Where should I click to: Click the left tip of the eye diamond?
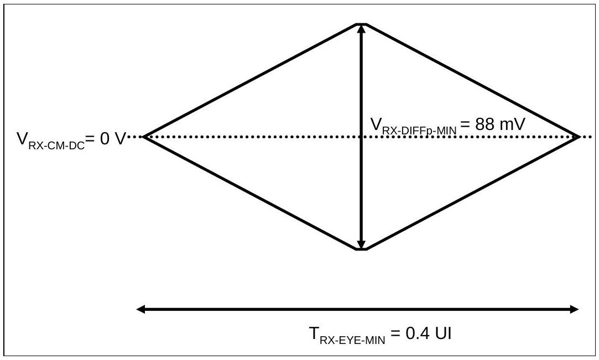click(x=143, y=137)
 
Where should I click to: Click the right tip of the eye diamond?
click(x=580, y=137)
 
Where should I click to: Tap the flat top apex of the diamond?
click(x=361, y=24)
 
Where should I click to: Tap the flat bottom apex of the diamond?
click(x=361, y=249)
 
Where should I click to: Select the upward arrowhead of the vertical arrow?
click(x=361, y=29)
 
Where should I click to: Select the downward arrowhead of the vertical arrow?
click(x=361, y=244)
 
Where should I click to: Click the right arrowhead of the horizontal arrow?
click(x=575, y=309)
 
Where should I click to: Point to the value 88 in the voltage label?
click(x=485, y=124)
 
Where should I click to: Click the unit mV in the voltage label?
click(x=512, y=124)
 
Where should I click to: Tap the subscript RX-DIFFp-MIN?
click(x=419, y=130)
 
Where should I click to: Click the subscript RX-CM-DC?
click(x=56, y=145)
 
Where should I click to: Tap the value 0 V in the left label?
click(x=113, y=139)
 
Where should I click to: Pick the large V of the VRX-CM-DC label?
click(x=22, y=139)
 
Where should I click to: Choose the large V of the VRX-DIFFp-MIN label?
click(x=376, y=124)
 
